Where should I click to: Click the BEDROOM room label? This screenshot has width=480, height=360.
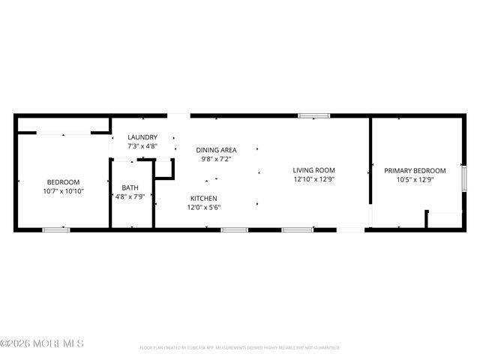pos(63,182)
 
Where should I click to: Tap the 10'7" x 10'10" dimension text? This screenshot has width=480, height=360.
pos(63,191)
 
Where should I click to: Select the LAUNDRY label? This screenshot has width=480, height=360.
pos(142,137)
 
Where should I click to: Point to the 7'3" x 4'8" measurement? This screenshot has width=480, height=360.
pos(142,145)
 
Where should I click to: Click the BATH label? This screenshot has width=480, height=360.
pos(130,188)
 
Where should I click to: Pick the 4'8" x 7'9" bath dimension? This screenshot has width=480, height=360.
pos(130,197)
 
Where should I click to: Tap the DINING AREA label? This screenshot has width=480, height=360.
pos(216,150)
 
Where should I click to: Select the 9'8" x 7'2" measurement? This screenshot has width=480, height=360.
pos(216,159)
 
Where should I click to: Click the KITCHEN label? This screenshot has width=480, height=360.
pos(203,198)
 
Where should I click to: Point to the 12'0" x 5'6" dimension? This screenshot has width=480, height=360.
pos(203,207)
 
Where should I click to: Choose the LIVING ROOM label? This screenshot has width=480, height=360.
pos(313,170)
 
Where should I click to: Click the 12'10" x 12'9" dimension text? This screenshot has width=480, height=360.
pos(313,179)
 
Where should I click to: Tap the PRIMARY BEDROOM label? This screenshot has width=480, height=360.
pos(415,170)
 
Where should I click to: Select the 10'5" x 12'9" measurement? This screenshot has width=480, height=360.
pos(415,179)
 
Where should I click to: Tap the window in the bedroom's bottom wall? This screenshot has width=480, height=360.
pos(56,229)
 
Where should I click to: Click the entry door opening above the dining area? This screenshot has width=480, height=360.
pos(178,115)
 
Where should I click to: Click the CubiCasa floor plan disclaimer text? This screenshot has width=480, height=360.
pos(240,348)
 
